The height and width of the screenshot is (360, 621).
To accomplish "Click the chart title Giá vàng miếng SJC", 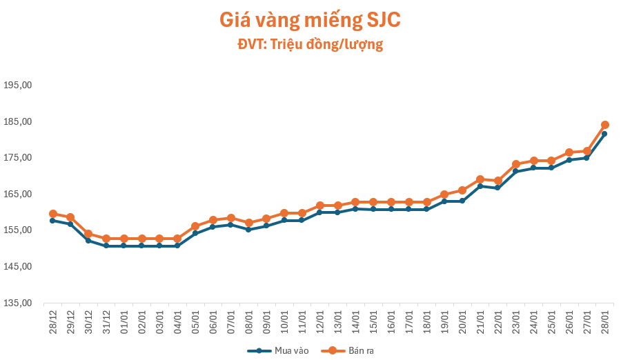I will click(310, 20).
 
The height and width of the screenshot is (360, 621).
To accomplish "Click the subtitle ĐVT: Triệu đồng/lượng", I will click(310, 45).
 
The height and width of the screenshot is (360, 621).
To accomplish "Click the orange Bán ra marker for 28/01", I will click(604, 125).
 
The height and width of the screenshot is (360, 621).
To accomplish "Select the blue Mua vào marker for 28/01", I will click(604, 134).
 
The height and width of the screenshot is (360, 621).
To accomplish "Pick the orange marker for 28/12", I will click(52, 214).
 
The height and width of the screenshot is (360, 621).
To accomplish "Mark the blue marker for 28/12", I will click(52, 221).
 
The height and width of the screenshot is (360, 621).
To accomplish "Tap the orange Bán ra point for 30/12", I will click(88, 234).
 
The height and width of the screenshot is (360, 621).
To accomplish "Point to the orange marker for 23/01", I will click(515, 164).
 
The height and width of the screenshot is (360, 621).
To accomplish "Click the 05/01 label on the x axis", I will click(195, 321).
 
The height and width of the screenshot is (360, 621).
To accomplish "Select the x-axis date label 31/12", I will click(106, 321).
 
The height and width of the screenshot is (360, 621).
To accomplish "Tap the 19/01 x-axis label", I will click(444, 321).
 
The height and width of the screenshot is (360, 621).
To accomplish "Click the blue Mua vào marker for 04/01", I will click(177, 246).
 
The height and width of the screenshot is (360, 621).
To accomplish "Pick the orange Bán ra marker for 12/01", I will click(319, 206).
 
